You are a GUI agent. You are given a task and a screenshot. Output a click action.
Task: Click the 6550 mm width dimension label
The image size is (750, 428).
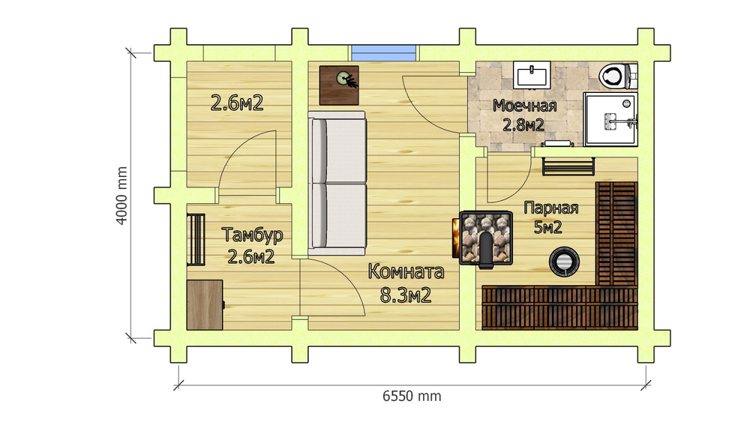point(412,397)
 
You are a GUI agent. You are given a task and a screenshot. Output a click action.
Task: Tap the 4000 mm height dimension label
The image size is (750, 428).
point(122,196)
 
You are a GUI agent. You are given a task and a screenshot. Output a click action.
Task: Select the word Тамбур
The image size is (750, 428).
point(252,235)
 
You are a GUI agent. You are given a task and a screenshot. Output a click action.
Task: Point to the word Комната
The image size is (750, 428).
point(406,271)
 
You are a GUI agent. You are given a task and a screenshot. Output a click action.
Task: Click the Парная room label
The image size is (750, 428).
point(551,208)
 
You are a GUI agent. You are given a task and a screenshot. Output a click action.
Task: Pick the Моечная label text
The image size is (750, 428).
point(525,106)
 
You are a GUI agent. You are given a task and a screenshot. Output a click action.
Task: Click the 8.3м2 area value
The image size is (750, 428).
point(406,295)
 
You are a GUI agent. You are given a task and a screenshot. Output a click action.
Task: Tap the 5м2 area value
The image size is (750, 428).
point(547,228)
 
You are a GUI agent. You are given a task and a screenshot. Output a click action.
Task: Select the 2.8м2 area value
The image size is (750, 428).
point(523,125)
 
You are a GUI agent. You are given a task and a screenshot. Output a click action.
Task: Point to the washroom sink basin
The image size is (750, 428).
point(532,75)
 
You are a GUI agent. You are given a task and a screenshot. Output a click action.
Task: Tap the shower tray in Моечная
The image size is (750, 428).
point(610,119)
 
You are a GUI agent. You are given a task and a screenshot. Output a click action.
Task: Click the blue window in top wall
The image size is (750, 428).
point(384,53)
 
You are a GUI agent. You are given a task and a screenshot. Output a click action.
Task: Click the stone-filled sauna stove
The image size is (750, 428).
point(484,238)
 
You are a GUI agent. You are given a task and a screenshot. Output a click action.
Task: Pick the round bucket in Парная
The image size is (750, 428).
point(565,262)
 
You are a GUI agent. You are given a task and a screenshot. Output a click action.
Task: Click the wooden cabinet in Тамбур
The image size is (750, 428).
point(205,305)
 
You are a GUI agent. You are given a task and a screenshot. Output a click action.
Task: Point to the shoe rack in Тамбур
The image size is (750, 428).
point(196,240)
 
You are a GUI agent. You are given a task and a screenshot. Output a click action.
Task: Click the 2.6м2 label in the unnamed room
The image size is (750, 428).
point(237,103)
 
